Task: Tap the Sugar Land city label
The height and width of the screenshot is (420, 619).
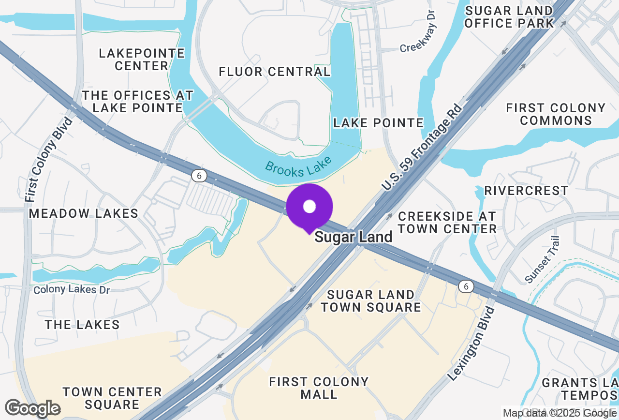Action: coord(354,238)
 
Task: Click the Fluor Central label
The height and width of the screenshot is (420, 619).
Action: coord(275,72)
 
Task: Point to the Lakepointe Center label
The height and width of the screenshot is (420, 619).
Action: coord(142,60)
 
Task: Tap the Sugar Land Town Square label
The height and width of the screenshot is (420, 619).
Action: coord(371,301)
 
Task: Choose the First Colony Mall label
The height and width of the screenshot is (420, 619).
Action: coord(319,388)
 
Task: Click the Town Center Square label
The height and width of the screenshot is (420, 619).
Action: coord(112,398)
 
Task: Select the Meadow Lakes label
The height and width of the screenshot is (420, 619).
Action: coord(84,213)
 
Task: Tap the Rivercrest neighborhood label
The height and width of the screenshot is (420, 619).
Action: coord(527,191)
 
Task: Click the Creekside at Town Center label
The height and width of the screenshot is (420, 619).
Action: coord(447,222)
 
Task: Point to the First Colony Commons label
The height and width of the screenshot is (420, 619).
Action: coord(556,114)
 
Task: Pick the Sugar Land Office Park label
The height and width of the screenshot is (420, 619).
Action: coord(509,17)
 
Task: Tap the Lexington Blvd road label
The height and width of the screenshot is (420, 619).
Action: coord(472,343)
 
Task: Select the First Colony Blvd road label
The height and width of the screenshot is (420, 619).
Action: coord(49,160)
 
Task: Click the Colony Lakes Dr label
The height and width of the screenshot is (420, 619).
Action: coord(72,290)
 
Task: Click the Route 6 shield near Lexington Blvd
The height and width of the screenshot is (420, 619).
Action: coord(466,287)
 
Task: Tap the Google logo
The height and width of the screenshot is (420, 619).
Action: coord(32,409)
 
